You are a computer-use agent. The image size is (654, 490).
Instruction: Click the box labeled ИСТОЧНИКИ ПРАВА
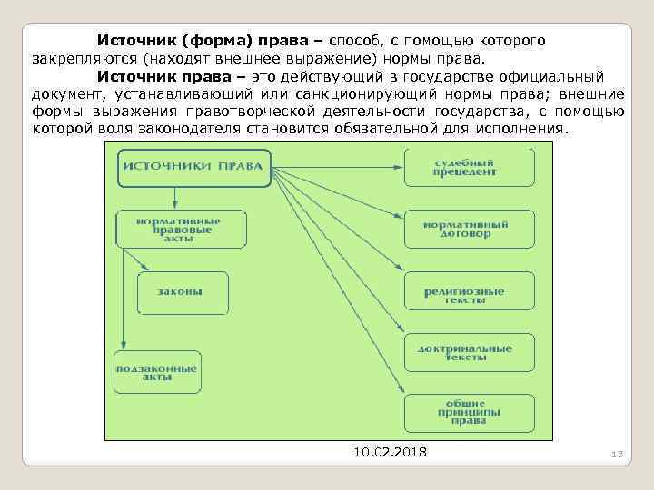tap(193, 167)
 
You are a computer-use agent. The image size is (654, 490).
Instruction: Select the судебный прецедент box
tap(469, 167)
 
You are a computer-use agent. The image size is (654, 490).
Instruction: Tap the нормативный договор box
tap(469, 229)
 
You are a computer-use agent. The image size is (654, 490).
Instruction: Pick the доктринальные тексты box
tap(469, 352)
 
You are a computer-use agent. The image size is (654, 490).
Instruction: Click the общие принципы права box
tap(469, 412)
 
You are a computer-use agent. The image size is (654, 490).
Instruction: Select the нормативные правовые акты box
tap(181, 229)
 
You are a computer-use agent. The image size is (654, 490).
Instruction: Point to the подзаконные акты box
tap(156, 372)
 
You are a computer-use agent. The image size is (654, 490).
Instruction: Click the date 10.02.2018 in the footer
tap(389, 453)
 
